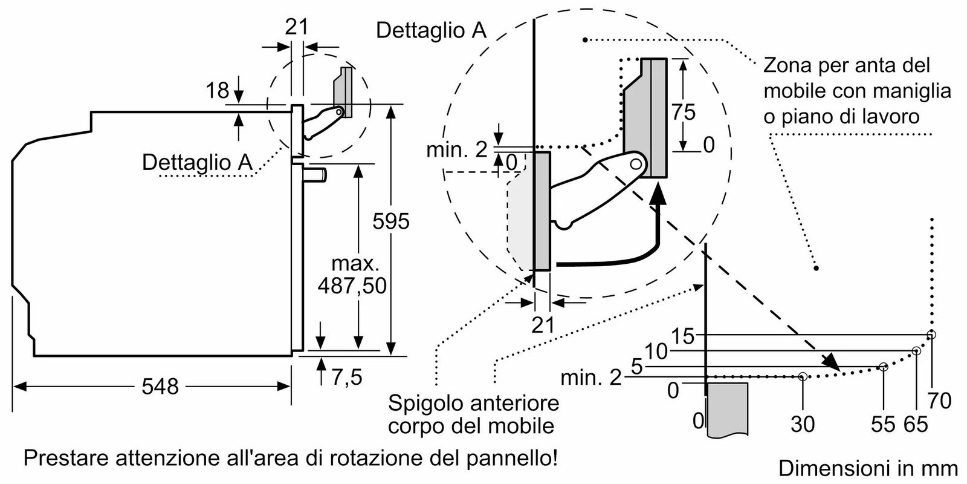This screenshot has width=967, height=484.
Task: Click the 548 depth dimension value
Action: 160,386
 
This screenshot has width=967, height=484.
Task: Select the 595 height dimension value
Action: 391,221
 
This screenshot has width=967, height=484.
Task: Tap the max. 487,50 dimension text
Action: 353,275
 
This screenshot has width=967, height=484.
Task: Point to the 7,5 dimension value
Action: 347,378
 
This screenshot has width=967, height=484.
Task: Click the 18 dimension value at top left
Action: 218,91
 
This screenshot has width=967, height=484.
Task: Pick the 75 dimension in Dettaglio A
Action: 684,112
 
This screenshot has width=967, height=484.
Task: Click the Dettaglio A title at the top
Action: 431,30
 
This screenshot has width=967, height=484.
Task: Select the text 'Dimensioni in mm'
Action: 868,468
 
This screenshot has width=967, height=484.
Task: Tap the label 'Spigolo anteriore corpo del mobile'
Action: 473,414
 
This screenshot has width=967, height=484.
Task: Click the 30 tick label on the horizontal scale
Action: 803,424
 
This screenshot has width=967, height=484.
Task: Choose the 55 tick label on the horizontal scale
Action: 882,424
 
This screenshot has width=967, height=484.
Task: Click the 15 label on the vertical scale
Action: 684,336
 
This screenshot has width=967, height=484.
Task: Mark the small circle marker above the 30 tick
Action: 803,377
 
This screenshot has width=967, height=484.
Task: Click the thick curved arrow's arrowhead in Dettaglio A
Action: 660,192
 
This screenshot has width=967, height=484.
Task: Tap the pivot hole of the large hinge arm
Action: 635,164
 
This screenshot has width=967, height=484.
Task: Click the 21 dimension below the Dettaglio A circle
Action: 543,325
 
